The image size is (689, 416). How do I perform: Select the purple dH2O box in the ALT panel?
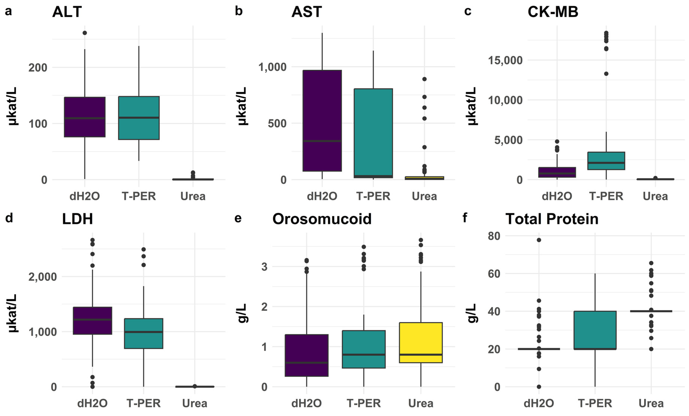(x=85, y=117)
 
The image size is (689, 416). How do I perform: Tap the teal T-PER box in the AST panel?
(x=373, y=133)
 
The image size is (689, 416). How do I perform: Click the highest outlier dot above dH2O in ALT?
(x=85, y=33)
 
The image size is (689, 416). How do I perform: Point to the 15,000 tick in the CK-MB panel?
(x=505, y=60)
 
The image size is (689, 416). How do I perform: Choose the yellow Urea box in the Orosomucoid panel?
(x=421, y=342)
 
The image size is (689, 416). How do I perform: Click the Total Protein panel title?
(x=552, y=219)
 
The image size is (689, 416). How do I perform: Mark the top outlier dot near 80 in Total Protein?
(x=539, y=240)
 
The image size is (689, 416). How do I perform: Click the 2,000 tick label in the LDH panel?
(x=42, y=277)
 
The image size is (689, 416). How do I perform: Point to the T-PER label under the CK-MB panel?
(x=606, y=196)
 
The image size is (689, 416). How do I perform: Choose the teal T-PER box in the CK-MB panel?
(x=606, y=161)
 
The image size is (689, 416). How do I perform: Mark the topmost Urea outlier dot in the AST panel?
(x=424, y=79)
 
